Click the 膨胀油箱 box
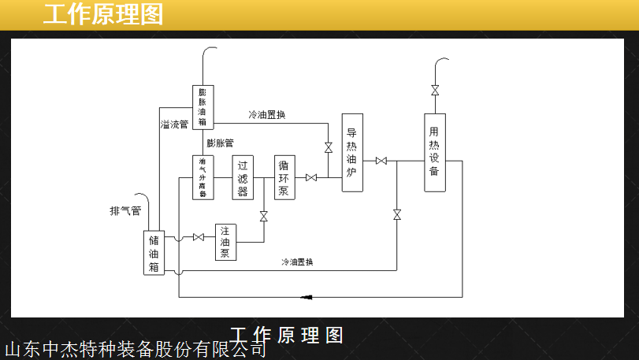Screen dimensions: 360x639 coord(202,106)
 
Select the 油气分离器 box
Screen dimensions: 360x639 coord(202,177)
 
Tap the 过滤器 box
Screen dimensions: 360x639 coord(243,178)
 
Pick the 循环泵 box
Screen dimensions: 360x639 coord(284,177)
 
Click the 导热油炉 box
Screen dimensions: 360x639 coord(352,153)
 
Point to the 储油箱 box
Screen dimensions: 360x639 coord(154,253)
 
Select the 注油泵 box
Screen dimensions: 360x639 coord(225,243)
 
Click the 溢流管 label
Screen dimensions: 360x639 coord(174,124)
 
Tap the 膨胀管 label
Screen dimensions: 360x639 coord(220,143)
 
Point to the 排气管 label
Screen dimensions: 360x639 coord(125,211)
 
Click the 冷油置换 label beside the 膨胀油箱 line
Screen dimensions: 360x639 coord(267,115)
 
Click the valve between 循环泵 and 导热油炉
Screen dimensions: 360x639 coord(311,177)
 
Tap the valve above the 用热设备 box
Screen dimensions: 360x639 coord(434,91)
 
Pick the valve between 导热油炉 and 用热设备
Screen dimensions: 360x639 coord(381,161)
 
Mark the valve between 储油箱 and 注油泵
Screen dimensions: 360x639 coord(199,237)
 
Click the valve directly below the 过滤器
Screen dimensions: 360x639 coord(263,216)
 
